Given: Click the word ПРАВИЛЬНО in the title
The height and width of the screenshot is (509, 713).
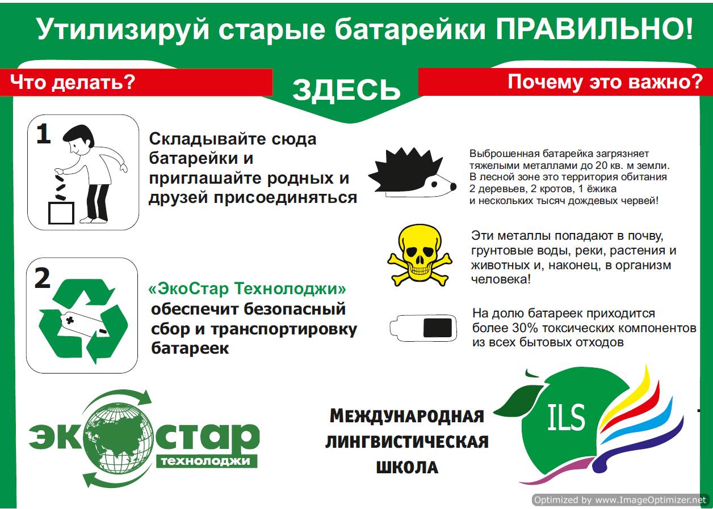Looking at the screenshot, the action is click(594, 29).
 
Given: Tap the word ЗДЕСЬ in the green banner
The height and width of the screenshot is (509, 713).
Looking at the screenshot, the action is click(346, 90).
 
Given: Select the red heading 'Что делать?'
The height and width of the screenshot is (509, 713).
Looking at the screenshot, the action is click(73, 82).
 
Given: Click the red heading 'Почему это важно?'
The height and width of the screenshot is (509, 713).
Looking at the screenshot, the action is click(605, 82).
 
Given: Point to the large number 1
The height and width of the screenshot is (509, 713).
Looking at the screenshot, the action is click(44, 134).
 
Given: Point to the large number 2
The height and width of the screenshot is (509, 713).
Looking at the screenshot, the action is click(43, 278).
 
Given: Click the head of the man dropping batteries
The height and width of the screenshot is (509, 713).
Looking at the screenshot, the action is click(78, 140).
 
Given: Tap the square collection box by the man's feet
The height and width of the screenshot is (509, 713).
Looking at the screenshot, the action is click(61, 213).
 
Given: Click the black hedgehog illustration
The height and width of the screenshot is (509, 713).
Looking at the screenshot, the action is click(412, 172).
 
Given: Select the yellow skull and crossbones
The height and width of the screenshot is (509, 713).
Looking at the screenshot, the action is click(420, 256).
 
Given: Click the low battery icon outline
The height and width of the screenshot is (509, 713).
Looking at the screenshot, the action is click(423, 328).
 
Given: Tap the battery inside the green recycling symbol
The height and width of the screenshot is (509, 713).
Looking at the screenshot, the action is click(85, 324).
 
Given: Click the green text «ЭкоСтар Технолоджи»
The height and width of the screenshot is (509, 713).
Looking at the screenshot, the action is click(248, 289).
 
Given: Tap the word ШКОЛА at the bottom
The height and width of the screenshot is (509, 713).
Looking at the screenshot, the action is click(407, 467).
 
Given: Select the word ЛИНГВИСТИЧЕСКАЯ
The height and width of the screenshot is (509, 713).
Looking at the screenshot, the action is click(407, 442).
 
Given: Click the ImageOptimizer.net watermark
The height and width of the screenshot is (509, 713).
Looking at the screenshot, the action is click(620, 500).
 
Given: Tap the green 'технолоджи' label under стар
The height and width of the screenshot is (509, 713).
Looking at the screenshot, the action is click(205, 461).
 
